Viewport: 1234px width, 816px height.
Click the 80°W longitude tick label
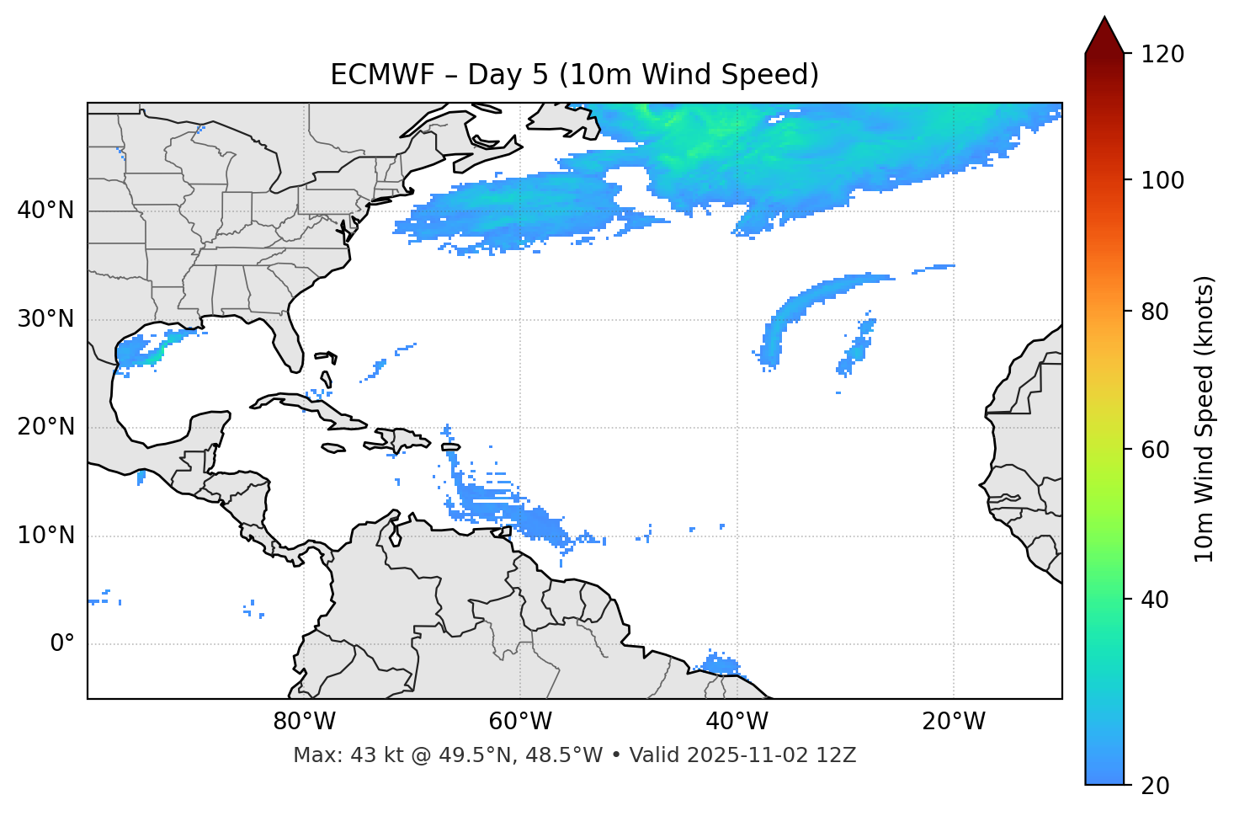(304, 722)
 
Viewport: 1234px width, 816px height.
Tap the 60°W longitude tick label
(520, 722)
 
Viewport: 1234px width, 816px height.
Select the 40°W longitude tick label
(737, 722)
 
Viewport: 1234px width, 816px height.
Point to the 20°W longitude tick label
(953, 722)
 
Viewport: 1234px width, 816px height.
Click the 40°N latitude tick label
(45, 211)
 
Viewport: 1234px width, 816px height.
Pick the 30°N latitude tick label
(45, 319)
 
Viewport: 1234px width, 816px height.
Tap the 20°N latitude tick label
(45, 427)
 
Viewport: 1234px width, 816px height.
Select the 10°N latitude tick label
(45, 536)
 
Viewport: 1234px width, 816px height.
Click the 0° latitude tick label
(62, 644)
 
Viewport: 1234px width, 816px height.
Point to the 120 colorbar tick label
(1162, 55)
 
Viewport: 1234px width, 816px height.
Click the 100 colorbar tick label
(1162, 180)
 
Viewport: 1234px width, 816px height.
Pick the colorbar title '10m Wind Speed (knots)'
(1205, 419)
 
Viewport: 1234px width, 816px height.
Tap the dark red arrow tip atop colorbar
(1104, 34)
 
